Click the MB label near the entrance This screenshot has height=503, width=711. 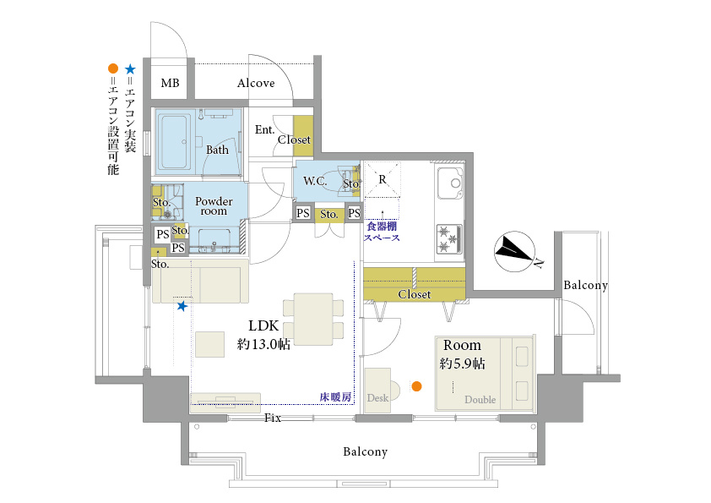point(170,83)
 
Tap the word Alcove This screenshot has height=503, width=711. point(256,83)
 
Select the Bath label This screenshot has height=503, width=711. point(217,150)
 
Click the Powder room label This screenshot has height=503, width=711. point(214,206)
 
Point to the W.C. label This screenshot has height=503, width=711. point(315,181)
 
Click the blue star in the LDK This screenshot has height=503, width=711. point(182,306)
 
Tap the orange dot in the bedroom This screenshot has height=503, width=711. point(416,386)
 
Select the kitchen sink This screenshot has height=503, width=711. point(450,183)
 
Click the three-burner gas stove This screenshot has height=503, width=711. point(449,239)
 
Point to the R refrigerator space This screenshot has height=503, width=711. point(383,179)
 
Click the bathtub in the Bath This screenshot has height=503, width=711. point(173,142)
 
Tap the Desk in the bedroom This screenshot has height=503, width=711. point(378,391)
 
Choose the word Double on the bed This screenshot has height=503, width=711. point(480,400)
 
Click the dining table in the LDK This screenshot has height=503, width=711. point(313,319)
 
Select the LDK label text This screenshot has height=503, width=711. point(263,325)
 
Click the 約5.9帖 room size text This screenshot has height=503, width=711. point(462,364)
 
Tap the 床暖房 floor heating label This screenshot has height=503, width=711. point(335,397)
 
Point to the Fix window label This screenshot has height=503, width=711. point(273,418)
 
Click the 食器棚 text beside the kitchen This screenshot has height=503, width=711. point(382,226)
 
